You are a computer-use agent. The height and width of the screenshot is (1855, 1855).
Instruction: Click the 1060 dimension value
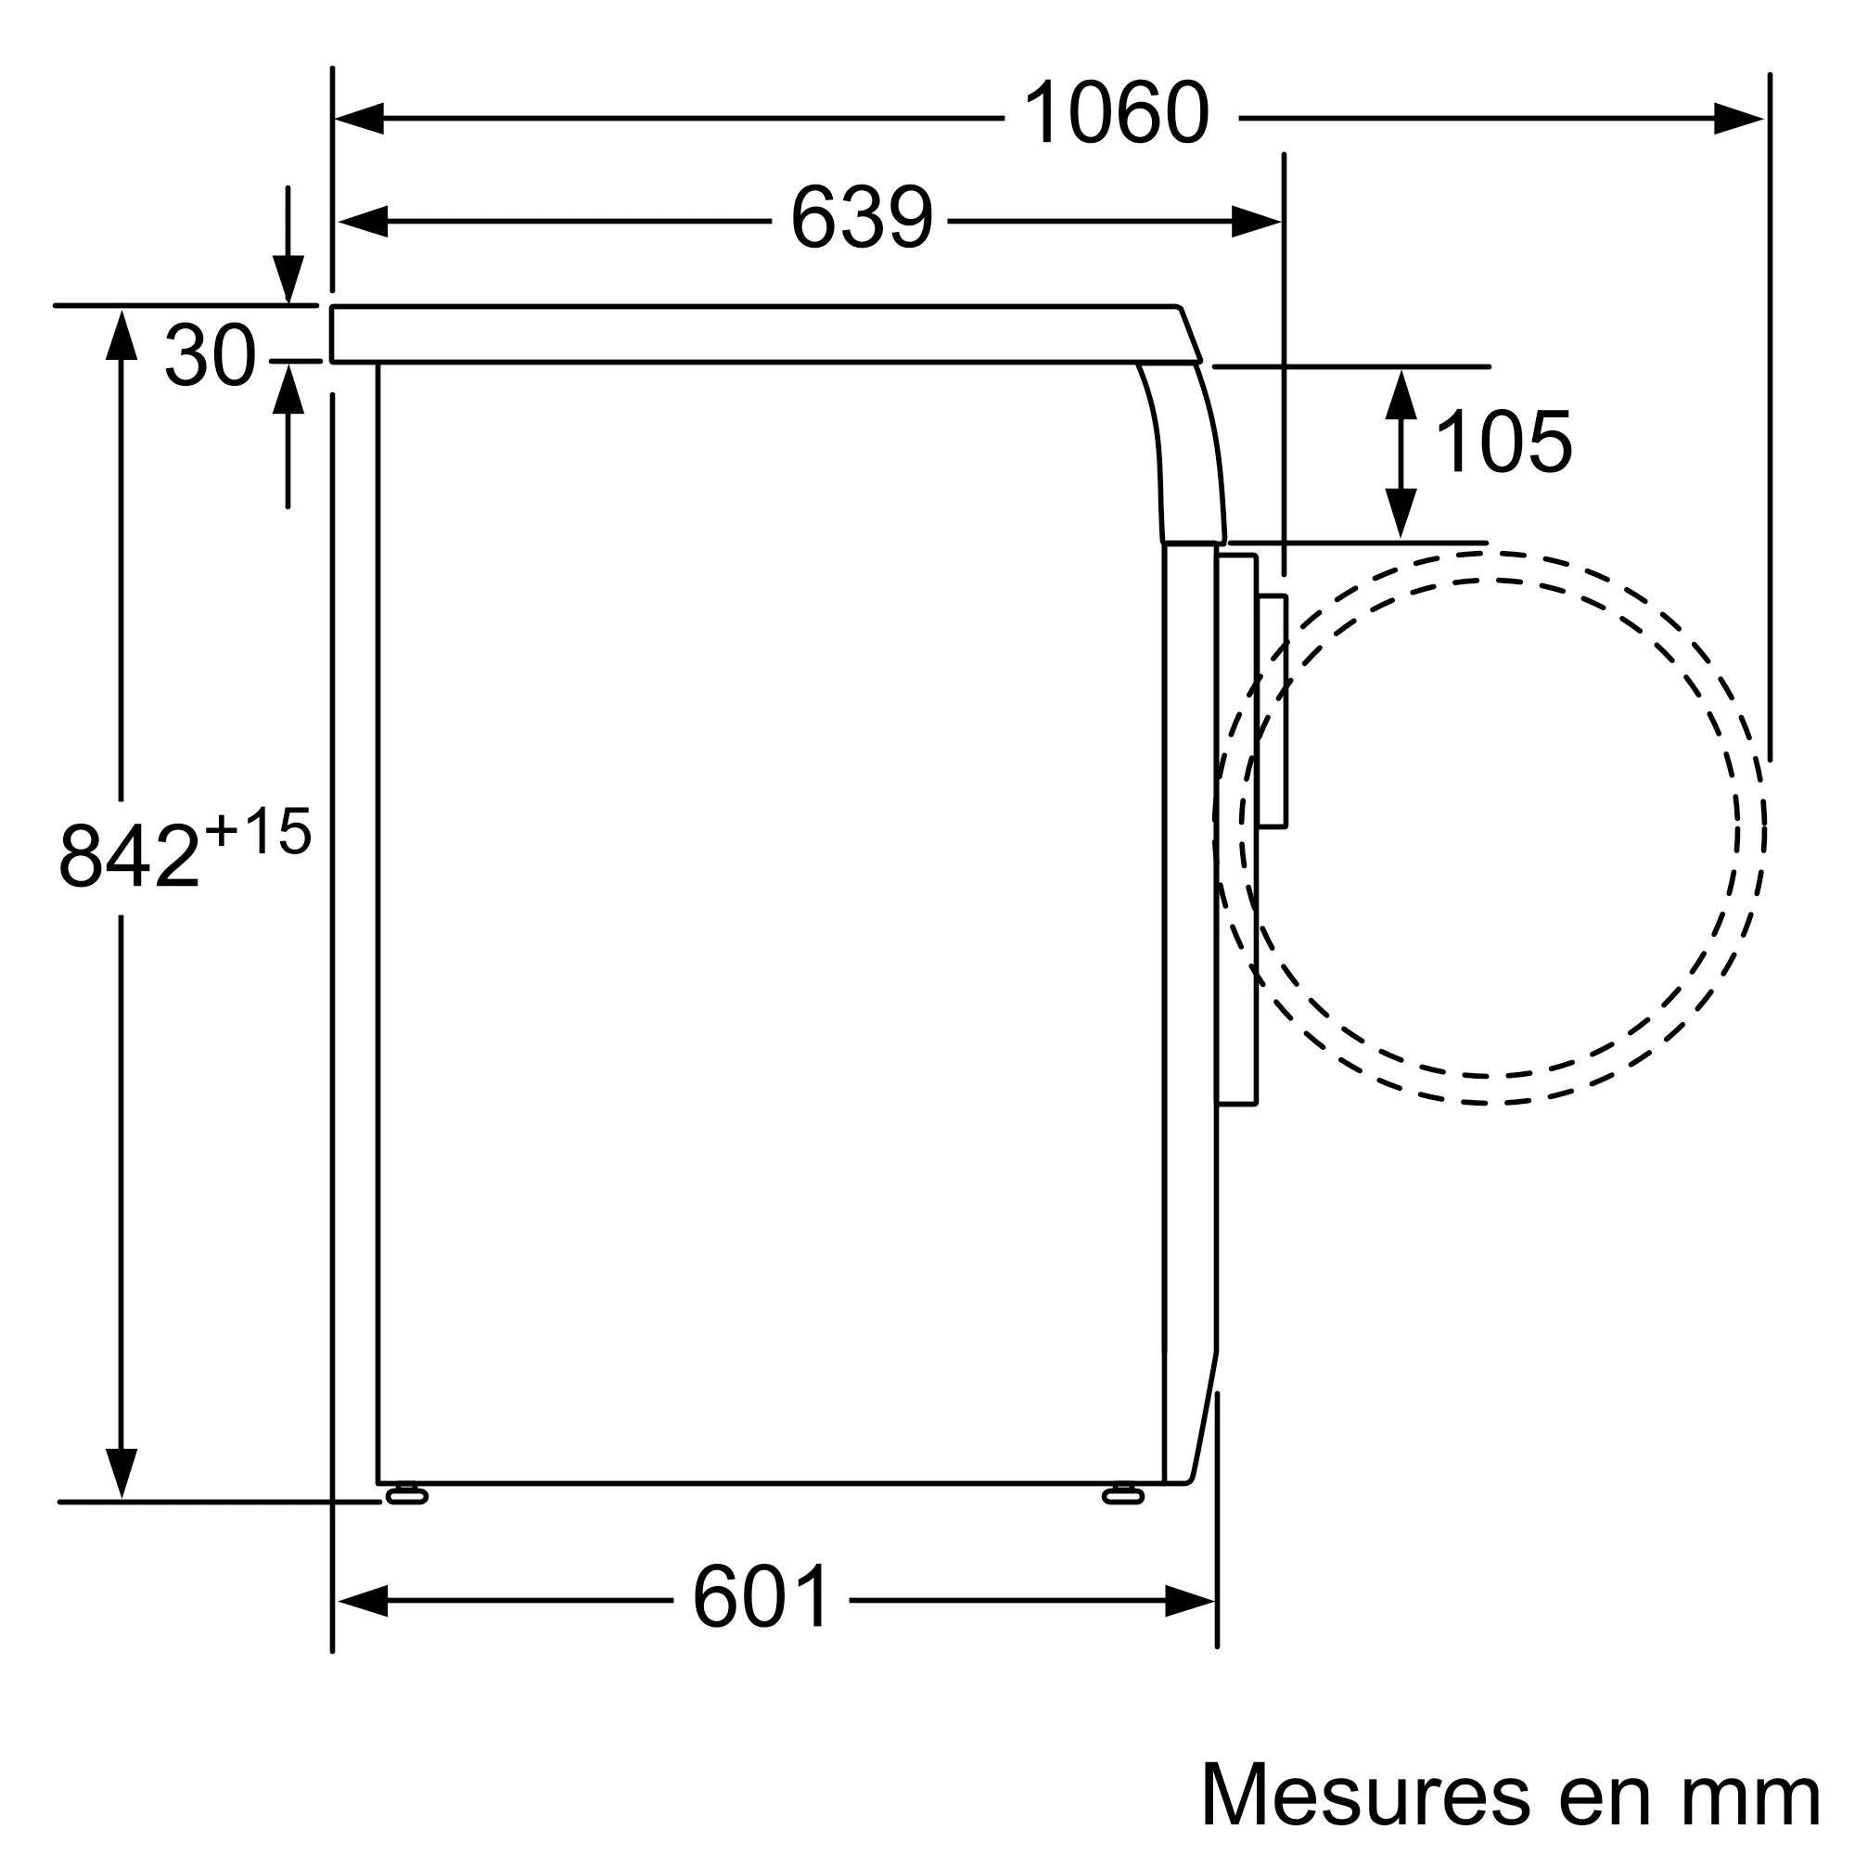(1116, 114)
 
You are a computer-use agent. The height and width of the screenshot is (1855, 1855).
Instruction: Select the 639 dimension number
(862, 218)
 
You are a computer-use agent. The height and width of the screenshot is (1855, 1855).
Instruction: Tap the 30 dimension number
(211, 356)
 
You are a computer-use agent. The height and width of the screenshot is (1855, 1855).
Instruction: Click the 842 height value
(130, 855)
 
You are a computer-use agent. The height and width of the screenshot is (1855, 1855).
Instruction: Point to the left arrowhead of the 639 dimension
(363, 222)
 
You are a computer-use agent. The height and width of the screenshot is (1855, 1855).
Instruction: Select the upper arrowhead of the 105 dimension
(1401, 394)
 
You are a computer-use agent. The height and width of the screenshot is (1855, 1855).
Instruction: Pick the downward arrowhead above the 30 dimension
(288, 278)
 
